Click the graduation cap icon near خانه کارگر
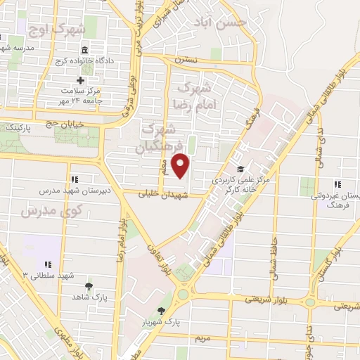click(241, 169)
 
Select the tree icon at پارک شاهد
click(89, 285)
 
